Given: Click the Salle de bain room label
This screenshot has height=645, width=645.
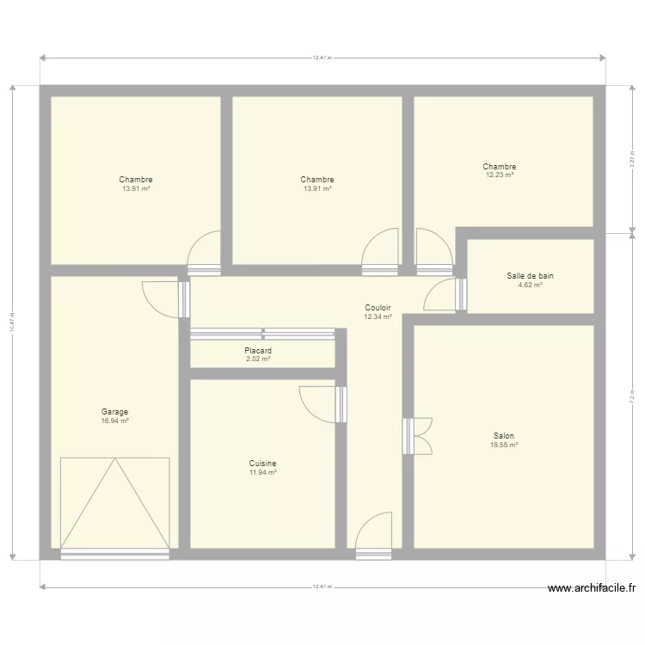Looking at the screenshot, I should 530,276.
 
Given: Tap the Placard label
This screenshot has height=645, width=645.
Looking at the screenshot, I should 258,351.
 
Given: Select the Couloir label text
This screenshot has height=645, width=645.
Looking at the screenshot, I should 378,308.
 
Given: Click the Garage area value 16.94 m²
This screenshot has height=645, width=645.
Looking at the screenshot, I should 114,421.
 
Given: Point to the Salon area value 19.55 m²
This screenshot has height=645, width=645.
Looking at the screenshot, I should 504,445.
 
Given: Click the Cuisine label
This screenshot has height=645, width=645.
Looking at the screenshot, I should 262,464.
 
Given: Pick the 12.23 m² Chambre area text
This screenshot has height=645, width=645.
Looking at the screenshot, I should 500,175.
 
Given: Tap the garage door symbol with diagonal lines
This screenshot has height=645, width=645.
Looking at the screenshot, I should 114,504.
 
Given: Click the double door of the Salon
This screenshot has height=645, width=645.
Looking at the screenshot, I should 418,435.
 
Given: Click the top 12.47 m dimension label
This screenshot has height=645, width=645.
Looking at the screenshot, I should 322,58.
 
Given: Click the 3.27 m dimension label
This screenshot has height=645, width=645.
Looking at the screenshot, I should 632,160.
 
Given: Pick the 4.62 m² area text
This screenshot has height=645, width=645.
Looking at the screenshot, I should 530,285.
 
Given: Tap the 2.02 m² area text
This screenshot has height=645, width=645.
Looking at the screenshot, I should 258,359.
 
